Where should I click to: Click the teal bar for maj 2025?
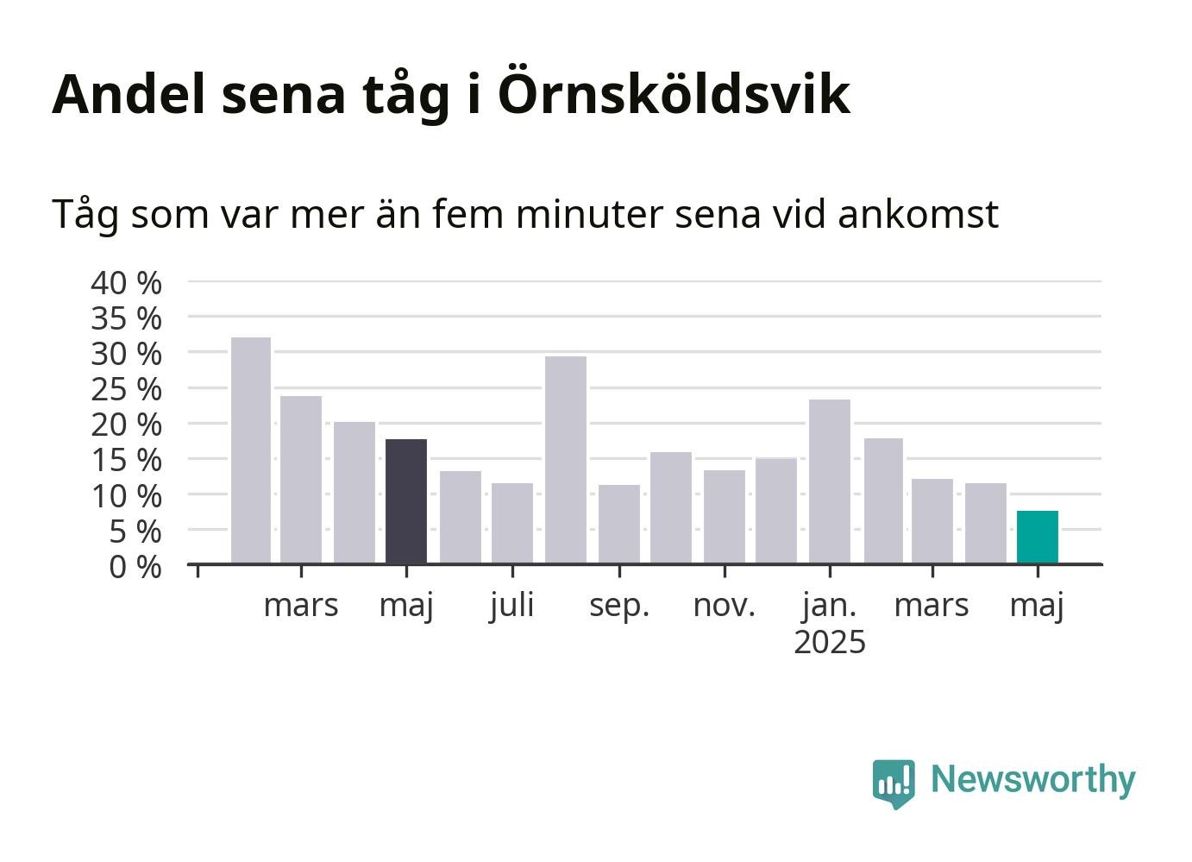point(1037,537)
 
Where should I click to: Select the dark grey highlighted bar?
point(406,501)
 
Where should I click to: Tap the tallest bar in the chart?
point(251,450)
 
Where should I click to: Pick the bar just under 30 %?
point(566,460)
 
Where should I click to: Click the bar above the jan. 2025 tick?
point(830,481)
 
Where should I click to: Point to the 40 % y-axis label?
point(126,283)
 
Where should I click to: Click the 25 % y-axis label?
point(126,390)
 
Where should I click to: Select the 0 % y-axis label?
point(135,567)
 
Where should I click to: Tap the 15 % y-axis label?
point(126,461)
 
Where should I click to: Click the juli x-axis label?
point(511,606)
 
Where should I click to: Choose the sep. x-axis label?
point(619,607)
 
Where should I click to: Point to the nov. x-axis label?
point(725,606)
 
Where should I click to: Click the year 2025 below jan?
point(830,642)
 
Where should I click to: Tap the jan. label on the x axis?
point(830,606)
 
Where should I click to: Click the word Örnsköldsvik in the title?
point(674,91)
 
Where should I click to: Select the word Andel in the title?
point(129,93)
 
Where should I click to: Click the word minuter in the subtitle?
point(589,214)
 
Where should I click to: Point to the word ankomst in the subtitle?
point(919,214)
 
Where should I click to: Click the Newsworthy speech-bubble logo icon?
point(894,783)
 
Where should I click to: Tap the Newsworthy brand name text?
point(1033,780)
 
